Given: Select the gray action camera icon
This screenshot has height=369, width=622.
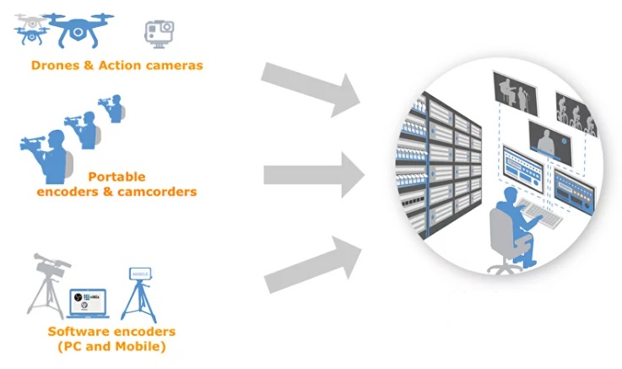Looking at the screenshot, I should pyautogui.click(x=158, y=33).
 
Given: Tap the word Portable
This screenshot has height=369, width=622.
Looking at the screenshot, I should pyautogui.click(x=116, y=177).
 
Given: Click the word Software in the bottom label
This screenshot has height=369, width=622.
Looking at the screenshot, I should pyautogui.click(x=81, y=332).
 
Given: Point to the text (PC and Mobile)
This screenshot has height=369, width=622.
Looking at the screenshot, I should pyautogui.click(x=111, y=346).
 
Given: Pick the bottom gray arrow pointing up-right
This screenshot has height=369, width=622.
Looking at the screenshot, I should pyautogui.click(x=312, y=264).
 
